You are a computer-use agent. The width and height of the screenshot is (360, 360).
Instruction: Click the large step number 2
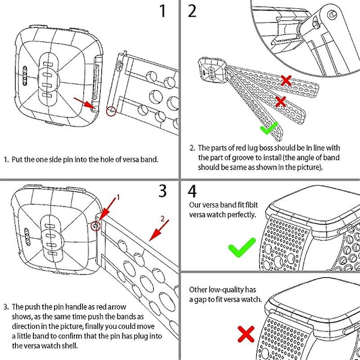coord(193,12)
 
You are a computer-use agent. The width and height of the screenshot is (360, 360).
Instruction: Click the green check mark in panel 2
coord(268,127)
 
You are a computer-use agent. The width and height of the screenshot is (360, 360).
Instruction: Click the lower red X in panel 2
coord(280,101)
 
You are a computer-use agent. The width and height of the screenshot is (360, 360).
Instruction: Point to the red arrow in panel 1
coord(85,103)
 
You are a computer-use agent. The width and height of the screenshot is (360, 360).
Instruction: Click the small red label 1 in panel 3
coord(118,197)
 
